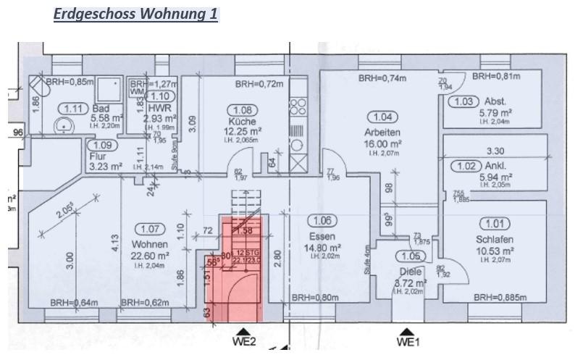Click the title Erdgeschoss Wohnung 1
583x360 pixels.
tap(135, 14)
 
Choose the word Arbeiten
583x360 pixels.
tap(384, 133)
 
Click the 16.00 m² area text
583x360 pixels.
tap(384, 144)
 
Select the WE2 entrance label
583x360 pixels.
tap(244, 340)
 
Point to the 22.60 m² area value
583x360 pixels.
tap(151, 256)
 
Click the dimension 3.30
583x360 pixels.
tap(495, 152)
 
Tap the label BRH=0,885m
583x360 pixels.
tap(500, 297)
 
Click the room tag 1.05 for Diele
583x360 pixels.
tap(411, 256)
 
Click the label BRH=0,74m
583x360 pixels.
tap(382, 78)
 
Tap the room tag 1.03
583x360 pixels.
tap(464, 101)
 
